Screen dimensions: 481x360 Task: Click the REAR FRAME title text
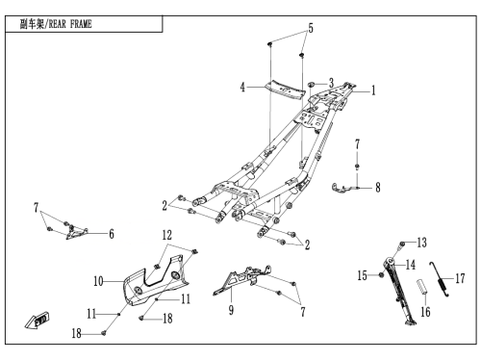click(56, 24)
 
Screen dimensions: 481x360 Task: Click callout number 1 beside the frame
click(373, 90)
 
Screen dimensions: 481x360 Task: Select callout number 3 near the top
click(331, 83)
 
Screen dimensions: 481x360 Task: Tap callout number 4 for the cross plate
click(242, 87)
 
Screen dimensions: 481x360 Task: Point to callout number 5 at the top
click(311, 28)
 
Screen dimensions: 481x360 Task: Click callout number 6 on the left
click(112, 234)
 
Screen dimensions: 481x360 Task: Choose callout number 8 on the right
click(378, 187)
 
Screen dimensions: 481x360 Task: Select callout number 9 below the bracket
click(231, 310)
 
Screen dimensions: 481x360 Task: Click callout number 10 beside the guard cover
click(98, 281)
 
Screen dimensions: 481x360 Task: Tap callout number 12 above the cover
click(166, 235)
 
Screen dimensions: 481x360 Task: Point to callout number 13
click(421, 243)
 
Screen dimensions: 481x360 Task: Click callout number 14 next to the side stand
click(411, 265)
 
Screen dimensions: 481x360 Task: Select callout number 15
click(363, 275)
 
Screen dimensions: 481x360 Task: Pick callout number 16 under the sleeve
click(425, 312)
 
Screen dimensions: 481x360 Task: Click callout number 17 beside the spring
click(460, 278)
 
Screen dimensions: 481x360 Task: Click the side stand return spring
click(440, 280)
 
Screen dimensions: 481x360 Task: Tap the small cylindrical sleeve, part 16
click(422, 286)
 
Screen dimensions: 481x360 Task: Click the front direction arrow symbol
click(37, 320)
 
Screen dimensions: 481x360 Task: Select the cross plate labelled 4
click(285, 90)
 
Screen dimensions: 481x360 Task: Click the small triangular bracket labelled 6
click(77, 232)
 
